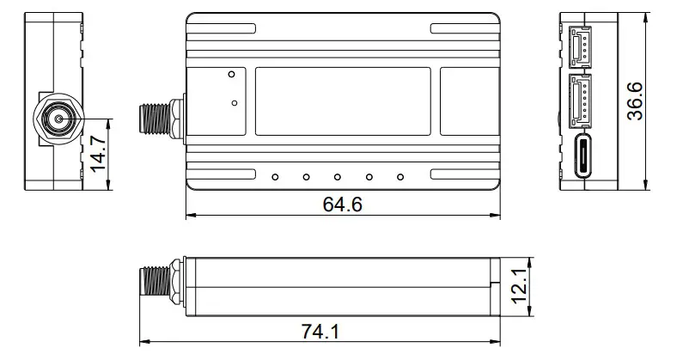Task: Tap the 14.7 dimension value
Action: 100,152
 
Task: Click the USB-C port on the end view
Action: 583,156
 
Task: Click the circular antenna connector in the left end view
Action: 58,119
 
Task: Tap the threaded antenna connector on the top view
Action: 161,119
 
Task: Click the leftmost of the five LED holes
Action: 274,178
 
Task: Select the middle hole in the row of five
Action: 338,178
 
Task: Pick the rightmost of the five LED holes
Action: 400,178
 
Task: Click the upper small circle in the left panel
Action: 232,75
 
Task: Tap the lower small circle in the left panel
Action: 235,104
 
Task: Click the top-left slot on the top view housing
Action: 222,28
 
